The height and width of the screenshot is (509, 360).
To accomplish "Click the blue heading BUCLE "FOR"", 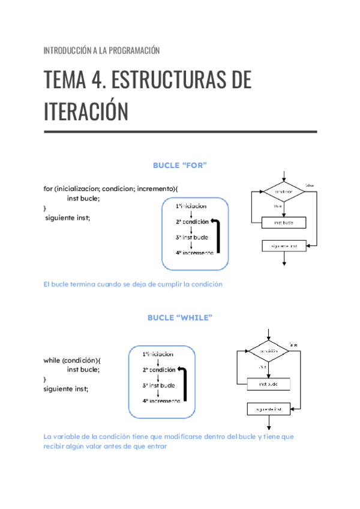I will click(x=180, y=165).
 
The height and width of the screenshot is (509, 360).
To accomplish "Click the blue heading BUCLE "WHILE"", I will click(x=180, y=318).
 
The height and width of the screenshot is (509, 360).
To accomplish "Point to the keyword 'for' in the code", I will click(x=48, y=188).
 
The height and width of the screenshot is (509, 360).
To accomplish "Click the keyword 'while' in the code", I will click(x=52, y=360).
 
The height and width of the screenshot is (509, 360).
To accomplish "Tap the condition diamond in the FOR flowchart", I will click(x=284, y=192).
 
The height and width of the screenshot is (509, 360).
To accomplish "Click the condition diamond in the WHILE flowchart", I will click(x=269, y=350).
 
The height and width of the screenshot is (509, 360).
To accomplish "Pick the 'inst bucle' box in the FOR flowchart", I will click(x=284, y=223).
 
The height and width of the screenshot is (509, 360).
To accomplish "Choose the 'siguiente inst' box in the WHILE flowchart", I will click(x=269, y=409).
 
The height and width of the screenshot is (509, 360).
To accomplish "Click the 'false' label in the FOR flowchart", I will click(x=310, y=185).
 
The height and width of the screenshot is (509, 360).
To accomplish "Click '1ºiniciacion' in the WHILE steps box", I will click(x=158, y=354).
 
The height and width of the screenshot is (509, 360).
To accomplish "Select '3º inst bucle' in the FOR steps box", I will click(x=192, y=237).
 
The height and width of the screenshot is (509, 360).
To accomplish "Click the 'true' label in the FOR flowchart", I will click(x=278, y=206).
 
